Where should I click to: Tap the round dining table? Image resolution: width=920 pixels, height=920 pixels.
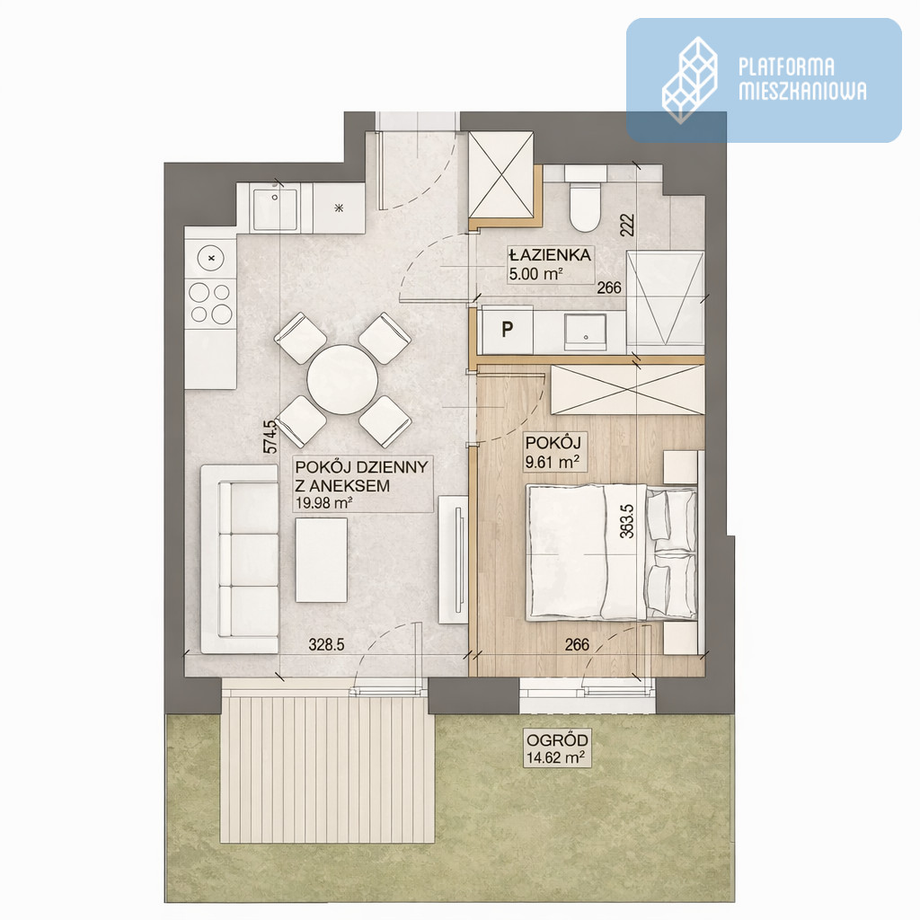point(342,380)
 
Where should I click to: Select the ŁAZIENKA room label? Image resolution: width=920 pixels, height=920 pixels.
point(550,255)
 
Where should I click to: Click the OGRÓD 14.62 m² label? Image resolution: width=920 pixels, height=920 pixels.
point(556,748)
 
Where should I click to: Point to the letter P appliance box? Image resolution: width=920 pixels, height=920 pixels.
point(507,330)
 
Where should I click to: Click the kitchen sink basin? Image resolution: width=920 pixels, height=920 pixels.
point(274,208)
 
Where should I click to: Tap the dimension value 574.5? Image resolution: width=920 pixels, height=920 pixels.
point(270,438)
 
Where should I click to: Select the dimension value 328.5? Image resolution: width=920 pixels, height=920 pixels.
point(326,645)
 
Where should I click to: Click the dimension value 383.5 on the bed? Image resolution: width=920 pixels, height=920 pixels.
point(626,522)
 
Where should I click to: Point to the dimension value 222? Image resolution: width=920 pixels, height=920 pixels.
point(627,226)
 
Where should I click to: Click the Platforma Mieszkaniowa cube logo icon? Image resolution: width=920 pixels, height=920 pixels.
point(689,80)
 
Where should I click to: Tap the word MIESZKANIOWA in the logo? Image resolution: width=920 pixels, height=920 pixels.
point(802,91)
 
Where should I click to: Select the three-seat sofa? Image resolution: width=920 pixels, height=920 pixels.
point(239,559)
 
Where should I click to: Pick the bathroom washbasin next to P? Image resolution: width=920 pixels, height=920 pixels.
point(585,332)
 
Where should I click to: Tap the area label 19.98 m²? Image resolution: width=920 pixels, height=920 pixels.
point(323,503)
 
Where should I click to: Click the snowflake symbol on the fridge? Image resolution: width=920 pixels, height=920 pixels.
point(339,208)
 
